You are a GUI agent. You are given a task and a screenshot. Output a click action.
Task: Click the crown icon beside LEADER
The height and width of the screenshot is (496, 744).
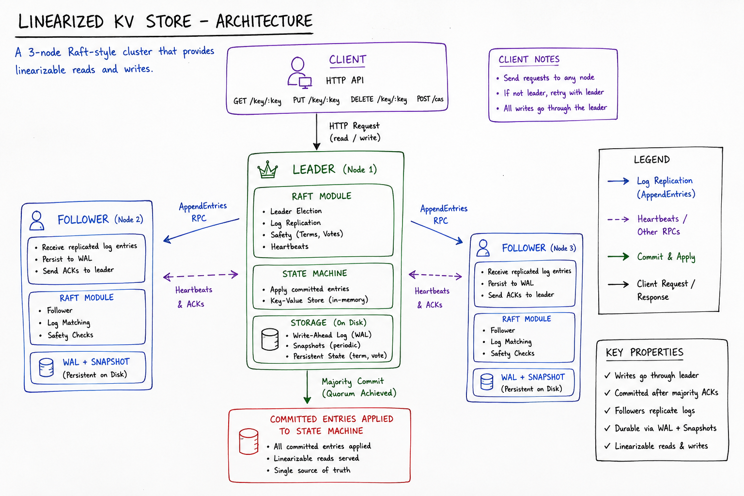pos(267,170)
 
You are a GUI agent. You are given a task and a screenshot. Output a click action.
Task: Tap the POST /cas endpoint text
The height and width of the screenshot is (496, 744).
pos(430,99)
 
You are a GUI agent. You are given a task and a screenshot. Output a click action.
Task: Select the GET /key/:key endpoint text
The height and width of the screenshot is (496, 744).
pos(257,101)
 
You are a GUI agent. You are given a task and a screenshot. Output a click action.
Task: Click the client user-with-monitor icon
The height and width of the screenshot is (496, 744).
pos(300,73)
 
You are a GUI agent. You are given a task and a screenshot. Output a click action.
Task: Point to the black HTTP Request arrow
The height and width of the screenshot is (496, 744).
pos(316,132)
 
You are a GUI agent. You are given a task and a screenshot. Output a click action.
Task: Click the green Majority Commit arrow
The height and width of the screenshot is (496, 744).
pos(307,387)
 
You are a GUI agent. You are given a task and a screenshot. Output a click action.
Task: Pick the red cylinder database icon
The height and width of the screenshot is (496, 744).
pos(248,441)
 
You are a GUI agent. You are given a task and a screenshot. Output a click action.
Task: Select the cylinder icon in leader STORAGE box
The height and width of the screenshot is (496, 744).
pos(270,339)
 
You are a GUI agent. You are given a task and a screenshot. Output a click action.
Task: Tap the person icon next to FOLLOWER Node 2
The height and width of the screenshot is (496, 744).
pos(36,220)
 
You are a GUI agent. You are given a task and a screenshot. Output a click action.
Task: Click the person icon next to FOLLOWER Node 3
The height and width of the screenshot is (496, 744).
pos(483,248)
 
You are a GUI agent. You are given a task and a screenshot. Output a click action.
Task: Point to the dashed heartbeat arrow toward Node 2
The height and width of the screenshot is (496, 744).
pos(201,276)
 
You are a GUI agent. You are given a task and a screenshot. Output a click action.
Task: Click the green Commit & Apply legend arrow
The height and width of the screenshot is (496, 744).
pos(618,256)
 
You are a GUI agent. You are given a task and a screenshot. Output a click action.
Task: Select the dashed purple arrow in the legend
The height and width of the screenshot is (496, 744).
pos(618,219)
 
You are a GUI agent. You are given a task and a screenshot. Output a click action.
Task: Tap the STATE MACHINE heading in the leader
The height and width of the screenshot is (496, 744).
pos(314,273)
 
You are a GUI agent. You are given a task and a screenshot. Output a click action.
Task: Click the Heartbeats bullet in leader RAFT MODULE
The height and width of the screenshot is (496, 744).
pos(290,247)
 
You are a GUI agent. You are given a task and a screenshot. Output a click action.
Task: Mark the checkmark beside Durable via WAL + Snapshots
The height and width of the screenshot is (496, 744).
pos(607,428)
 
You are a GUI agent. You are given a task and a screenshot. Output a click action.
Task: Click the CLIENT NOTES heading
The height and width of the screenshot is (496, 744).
pos(529,60)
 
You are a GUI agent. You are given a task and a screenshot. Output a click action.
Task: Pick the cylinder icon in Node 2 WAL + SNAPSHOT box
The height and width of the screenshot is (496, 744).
pos(46,368)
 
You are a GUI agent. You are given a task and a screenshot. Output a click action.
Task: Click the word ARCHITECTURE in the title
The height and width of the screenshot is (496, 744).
pos(264,21)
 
